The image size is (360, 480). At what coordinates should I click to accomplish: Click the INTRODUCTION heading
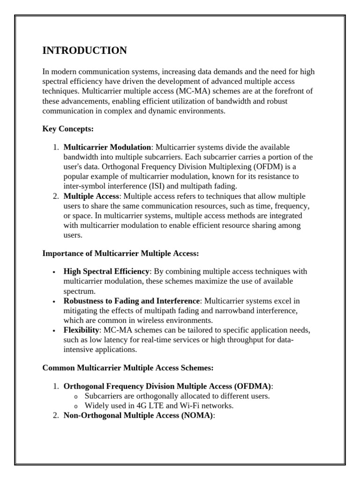[84, 51]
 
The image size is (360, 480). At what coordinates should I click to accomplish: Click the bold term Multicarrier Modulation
[107, 147]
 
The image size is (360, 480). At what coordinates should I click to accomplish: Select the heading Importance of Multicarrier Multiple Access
[120, 254]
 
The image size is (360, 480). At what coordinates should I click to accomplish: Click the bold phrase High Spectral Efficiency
[106, 271]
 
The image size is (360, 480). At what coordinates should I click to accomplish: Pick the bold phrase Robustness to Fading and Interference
[132, 301]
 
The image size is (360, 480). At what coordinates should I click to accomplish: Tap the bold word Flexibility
[81, 330]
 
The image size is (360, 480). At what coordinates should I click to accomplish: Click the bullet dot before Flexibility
[55, 331]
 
